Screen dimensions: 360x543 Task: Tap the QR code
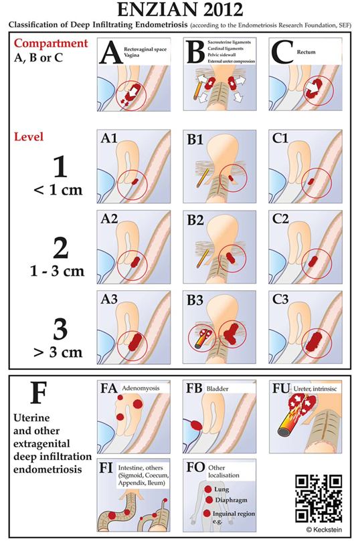[x=319, y=498]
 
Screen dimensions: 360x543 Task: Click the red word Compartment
[x=51, y=43]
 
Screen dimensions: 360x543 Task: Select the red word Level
[x=29, y=136]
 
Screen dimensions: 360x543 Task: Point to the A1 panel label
[x=109, y=138]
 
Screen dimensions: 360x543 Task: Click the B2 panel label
[x=195, y=220]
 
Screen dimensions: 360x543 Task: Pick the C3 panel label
[x=280, y=299]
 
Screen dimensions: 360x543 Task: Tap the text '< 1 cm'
[x=58, y=190]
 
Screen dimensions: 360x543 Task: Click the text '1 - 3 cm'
[x=57, y=271]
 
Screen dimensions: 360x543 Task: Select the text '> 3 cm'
[x=58, y=352]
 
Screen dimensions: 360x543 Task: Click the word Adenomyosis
[x=141, y=389]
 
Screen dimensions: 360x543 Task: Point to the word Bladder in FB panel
[x=217, y=389]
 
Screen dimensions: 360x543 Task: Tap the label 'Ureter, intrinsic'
[x=315, y=389]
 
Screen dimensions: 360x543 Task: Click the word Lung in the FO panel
[x=221, y=490]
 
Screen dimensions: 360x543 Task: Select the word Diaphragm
[x=231, y=500]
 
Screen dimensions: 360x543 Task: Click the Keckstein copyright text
[x=324, y=530]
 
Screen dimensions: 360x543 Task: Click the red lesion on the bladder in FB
[x=196, y=425]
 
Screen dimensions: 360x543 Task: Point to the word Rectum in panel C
[x=306, y=52]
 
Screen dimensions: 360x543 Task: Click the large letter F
[x=38, y=393]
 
